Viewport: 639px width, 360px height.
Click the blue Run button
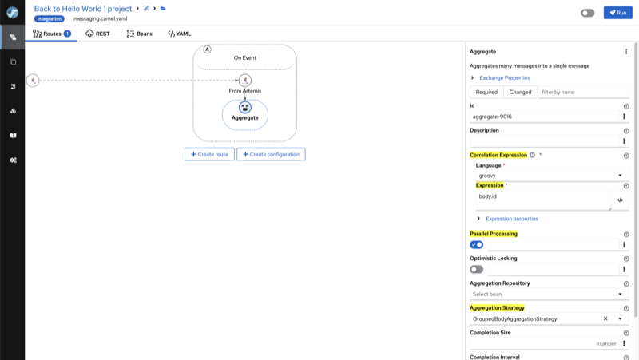pyautogui.click(x=617, y=13)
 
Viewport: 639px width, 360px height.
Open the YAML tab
pyautogui.click(x=179, y=34)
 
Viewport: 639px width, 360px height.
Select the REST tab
pyautogui.click(x=97, y=34)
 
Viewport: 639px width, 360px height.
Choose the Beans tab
pyautogui.click(x=139, y=34)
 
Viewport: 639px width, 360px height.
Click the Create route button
pyautogui.click(x=209, y=154)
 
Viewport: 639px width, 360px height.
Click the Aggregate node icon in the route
pyautogui.click(x=245, y=108)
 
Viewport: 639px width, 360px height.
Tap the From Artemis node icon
pyautogui.click(x=245, y=81)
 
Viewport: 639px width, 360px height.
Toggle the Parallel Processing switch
pyautogui.click(x=476, y=245)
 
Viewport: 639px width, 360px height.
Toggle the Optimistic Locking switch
pyautogui.click(x=476, y=269)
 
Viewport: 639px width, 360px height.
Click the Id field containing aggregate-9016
pyautogui.click(x=545, y=117)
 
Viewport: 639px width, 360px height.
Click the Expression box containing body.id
pyautogui.click(x=544, y=200)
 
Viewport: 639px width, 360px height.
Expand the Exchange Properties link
pyautogui.click(x=505, y=77)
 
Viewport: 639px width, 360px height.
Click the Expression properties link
pyautogui.click(x=512, y=219)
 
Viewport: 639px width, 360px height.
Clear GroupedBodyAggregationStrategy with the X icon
pyautogui.click(x=605, y=318)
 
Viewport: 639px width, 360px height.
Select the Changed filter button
pyautogui.click(x=521, y=92)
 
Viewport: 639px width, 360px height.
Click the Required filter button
pyautogui.click(x=486, y=92)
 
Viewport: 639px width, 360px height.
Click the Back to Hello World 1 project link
pyautogui.click(x=83, y=9)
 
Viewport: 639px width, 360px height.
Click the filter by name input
pyautogui.click(x=584, y=92)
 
